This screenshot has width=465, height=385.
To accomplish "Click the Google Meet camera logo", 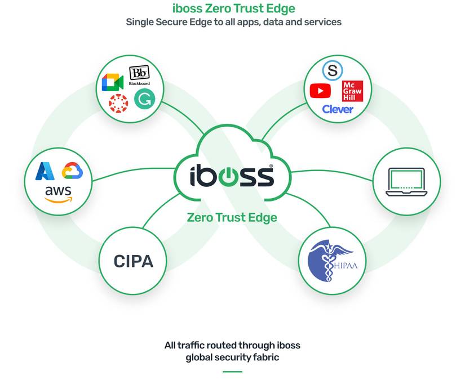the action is pyautogui.click(x=113, y=82).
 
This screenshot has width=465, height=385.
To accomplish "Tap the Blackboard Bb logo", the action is pyautogui.click(x=139, y=75).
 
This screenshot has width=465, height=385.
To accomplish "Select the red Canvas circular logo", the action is pyautogui.click(x=118, y=104).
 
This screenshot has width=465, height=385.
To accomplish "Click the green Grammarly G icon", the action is pyautogui.click(x=144, y=99).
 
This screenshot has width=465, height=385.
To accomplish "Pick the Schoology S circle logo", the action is pyautogui.click(x=333, y=70).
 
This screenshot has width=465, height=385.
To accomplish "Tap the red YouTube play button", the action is pyautogui.click(x=320, y=91).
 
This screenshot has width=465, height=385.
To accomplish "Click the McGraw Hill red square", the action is pyautogui.click(x=352, y=91).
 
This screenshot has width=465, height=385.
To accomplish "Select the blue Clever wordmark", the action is pyautogui.click(x=338, y=109).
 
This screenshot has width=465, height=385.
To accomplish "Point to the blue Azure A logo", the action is pyautogui.click(x=45, y=171).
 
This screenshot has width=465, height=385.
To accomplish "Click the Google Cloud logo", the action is pyautogui.click(x=72, y=171).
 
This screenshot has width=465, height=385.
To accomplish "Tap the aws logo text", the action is pyautogui.click(x=59, y=194).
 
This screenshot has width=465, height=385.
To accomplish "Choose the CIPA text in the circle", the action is pyautogui.click(x=134, y=261).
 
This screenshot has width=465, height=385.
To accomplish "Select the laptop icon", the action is pyautogui.click(x=406, y=182).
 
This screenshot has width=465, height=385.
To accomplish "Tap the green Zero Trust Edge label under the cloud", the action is pyautogui.click(x=232, y=217).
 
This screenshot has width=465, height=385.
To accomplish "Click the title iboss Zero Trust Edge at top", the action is pyautogui.click(x=234, y=8).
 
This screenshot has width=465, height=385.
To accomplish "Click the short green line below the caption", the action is pyautogui.click(x=232, y=371).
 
